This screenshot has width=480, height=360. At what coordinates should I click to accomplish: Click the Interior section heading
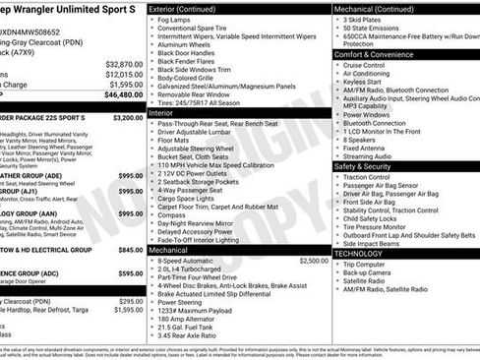tap(162, 113)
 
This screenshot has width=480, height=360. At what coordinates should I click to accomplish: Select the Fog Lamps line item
tap(174, 19)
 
